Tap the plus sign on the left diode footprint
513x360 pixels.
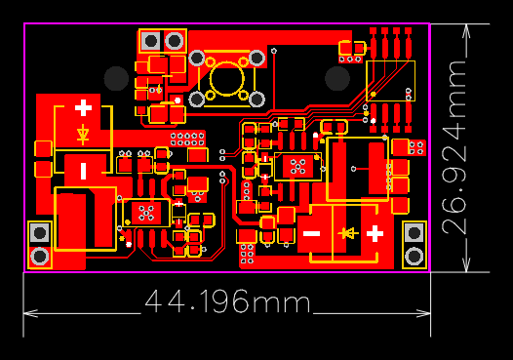(x=83, y=107)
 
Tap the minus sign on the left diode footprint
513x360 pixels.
(x=83, y=171)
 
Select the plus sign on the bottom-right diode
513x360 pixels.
(x=375, y=232)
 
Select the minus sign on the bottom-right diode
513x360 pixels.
(x=311, y=233)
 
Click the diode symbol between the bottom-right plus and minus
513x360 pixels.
(x=346, y=233)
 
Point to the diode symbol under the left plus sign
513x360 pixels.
(x=83, y=134)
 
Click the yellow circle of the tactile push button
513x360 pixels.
(x=227, y=78)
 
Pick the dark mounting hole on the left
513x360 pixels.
(x=116, y=77)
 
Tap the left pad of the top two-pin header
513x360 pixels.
(x=151, y=41)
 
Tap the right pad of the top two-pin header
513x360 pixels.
(x=175, y=41)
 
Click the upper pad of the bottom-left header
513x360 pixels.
(x=40, y=233)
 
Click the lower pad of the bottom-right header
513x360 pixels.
(x=414, y=256)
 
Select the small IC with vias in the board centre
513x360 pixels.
(x=297, y=166)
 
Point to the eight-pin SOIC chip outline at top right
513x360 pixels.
(x=390, y=80)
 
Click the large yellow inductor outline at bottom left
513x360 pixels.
(x=85, y=219)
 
